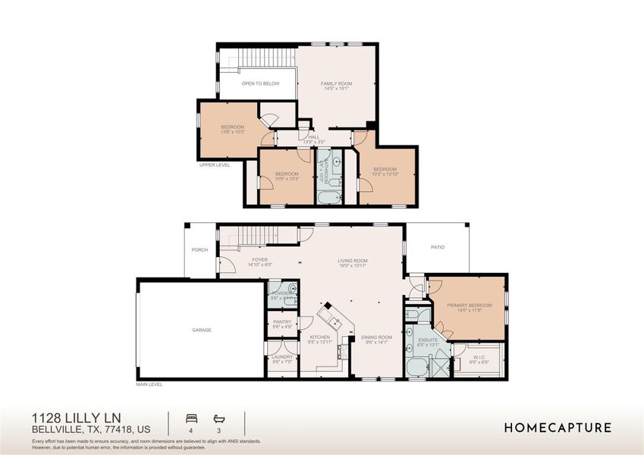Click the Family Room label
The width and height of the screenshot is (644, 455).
click(336, 83)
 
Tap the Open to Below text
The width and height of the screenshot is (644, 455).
click(260, 83)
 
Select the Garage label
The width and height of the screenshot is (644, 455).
click(201, 330)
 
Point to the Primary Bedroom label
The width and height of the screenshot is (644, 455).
click(469, 305)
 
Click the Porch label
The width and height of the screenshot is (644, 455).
click(199, 249)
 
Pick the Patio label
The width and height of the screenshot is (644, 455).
click(438, 247)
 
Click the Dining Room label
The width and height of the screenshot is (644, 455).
click(376, 337)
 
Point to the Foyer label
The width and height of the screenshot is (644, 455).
click(259, 259)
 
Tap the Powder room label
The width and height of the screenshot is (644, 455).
click(281, 293)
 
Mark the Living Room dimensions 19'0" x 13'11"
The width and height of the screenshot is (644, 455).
click(352, 265)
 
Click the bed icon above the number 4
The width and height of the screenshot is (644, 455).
click(190, 418)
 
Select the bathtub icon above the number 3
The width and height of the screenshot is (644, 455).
click(219, 418)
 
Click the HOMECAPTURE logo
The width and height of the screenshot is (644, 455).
click(558, 428)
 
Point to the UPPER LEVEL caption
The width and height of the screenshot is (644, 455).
click(214, 164)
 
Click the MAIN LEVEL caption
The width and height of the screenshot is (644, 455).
click(149, 384)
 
